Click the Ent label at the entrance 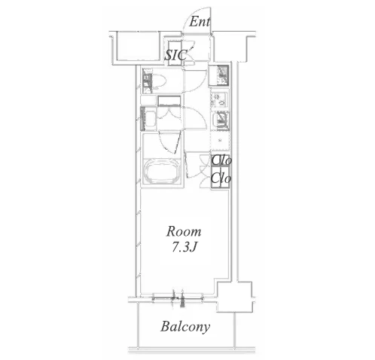(x=200, y=22)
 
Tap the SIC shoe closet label (x=175, y=55)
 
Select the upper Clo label (x=221, y=160)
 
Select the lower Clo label (x=221, y=178)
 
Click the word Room (x=184, y=231)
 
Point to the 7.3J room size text (x=184, y=248)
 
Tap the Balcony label (x=185, y=327)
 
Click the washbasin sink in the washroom (x=149, y=118)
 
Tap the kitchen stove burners (x=219, y=99)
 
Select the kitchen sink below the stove (x=220, y=120)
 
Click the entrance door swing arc (x=197, y=20)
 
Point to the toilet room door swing (x=197, y=81)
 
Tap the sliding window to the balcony (x=178, y=298)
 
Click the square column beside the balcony (x=234, y=297)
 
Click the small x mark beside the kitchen (x=221, y=140)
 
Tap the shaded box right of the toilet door (x=220, y=75)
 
